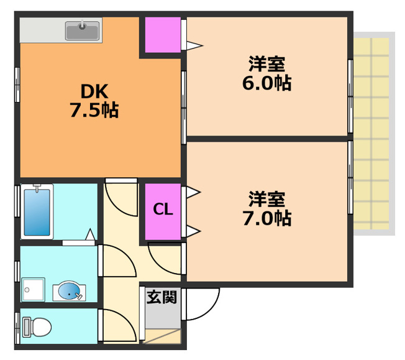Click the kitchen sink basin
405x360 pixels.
pyautogui.click(x=83, y=30)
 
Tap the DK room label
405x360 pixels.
pyautogui.click(x=94, y=91)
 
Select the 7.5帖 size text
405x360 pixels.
pyautogui.click(x=94, y=110)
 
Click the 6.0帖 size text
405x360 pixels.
pyautogui.click(x=267, y=83)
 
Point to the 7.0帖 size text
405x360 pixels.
pyautogui.click(x=267, y=218)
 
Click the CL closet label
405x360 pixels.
pyautogui.click(x=163, y=210)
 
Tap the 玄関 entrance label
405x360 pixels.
pyautogui.click(x=162, y=297)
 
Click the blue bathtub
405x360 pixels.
pyautogui.click(x=37, y=212)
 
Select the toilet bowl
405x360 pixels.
pyautogui.click(x=37, y=327)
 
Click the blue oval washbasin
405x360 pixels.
pyautogui.click(x=69, y=291)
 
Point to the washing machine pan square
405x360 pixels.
pyautogui.click(x=33, y=290)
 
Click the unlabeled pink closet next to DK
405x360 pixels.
pyautogui.click(x=163, y=35)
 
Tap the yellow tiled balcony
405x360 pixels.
pyautogui.click(x=371, y=134)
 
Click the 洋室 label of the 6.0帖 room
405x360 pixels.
pyautogui.click(x=267, y=63)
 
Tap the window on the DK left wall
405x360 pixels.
pyautogui.click(x=17, y=85)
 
